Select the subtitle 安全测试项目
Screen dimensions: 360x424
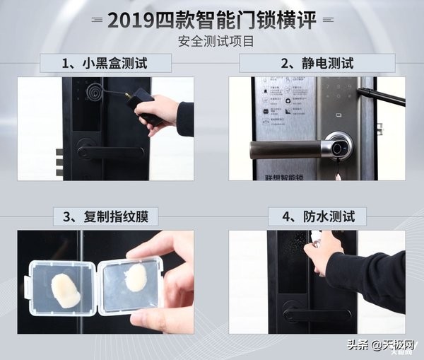click(x=212, y=41)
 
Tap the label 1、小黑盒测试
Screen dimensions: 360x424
click(x=106, y=64)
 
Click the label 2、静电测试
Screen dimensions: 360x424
click(x=317, y=64)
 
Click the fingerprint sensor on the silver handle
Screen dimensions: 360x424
click(x=340, y=149)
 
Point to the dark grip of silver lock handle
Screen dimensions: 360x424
click(x=283, y=149)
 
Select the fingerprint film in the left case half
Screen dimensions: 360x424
click(x=65, y=290)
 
